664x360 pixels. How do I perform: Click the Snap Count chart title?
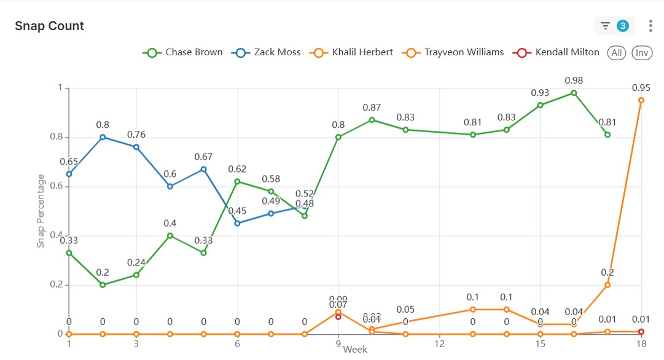(x=49, y=26)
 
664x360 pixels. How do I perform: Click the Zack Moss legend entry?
(x=267, y=52)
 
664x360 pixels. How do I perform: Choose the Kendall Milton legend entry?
(x=558, y=52)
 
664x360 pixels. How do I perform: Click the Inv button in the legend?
(x=642, y=52)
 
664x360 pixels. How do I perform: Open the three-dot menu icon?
(x=650, y=26)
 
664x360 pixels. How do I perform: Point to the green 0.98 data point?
(x=574, y=93)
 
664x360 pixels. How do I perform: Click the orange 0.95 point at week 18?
(x=641, y=100)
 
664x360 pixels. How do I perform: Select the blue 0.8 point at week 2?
(x=103, y=137)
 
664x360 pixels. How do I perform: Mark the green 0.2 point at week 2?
(x=103, y=285)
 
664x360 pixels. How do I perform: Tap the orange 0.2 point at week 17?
(x=607, y=285)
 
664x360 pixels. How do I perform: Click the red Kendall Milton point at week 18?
(x=641, y=332)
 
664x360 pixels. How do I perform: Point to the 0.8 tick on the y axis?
(x=57, y=137)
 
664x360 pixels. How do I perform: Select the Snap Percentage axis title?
(x=41, y=211)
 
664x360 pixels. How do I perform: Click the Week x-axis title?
(x=355, y=349)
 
